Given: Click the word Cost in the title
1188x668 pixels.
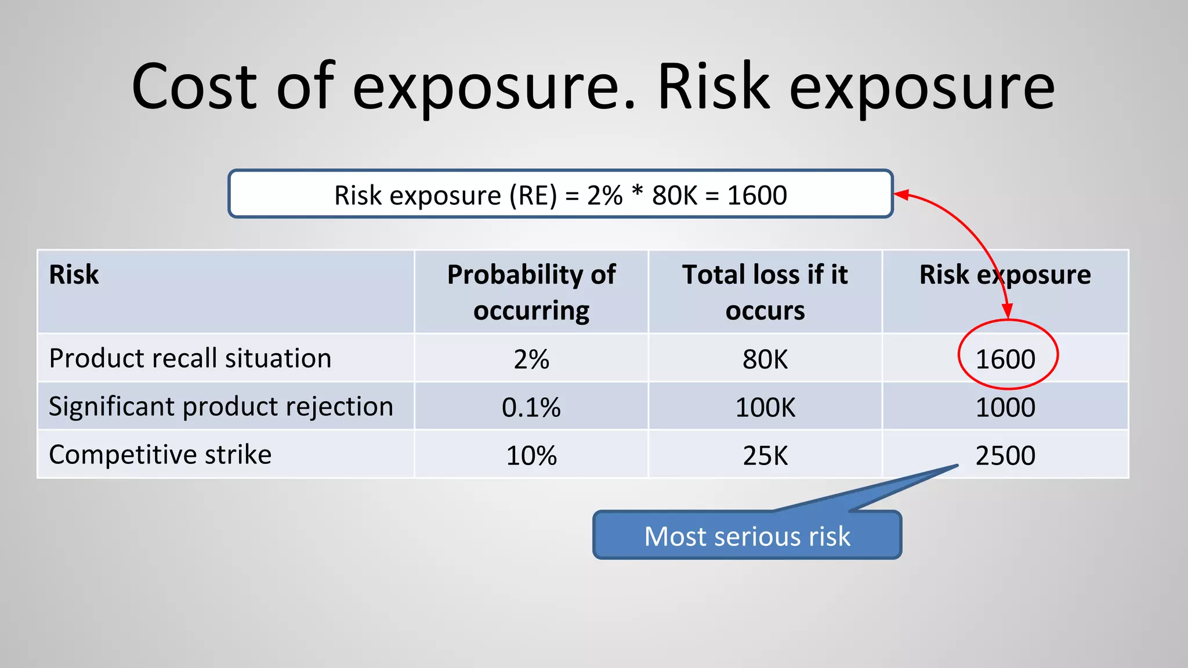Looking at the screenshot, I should (194, 87).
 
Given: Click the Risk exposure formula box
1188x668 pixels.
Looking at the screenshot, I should (560, 194).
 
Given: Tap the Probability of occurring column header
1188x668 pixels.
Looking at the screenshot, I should (531, 292).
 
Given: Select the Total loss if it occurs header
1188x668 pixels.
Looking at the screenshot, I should (765, 292).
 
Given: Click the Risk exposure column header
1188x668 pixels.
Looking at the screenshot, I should (1005, 275).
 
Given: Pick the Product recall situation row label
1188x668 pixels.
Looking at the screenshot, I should (190, 358).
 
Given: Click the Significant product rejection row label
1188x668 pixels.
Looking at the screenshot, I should (221, 406).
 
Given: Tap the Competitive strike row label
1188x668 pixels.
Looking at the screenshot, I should (160, 455).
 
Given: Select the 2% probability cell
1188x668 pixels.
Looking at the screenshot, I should (531, 360).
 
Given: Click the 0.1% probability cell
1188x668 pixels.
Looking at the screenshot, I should (531, 408).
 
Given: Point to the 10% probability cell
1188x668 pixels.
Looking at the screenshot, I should (531, 456).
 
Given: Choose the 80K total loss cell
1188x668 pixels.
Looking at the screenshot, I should (765, 360).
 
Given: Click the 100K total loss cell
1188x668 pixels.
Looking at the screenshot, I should (765, 408).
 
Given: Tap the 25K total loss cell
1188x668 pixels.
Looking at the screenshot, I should (765, 456).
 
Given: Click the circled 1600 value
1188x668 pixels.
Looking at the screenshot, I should (1005, 360).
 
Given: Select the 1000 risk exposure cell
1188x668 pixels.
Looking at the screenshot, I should (1005, 408).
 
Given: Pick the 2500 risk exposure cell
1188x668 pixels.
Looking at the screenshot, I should (1005, 456).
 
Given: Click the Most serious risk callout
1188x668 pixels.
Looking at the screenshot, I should (747, 536).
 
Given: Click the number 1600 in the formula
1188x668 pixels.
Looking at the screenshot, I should (757, 195).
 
